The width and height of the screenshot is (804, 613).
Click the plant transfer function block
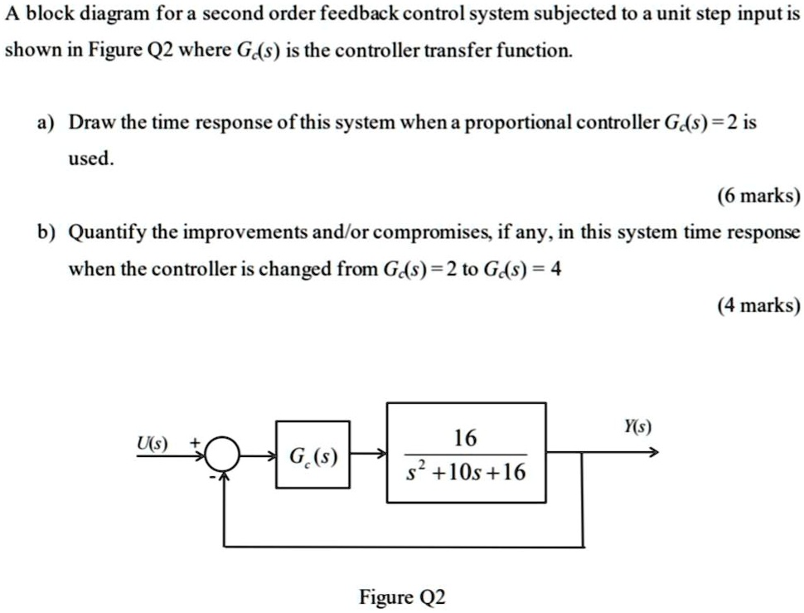(x=466, y=452)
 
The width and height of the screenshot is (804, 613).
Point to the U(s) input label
(x=153, y=442)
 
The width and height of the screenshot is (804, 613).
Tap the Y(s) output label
(x=637, y=427)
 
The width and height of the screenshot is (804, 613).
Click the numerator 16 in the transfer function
(x=465, y=436)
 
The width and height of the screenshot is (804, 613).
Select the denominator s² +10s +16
(x=465, y=473)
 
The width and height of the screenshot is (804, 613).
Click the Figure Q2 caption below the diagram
(x=402, y=596)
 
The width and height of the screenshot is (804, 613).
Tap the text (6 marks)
(x=758, y=197)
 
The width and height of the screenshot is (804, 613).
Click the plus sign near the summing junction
(x=196, y=443)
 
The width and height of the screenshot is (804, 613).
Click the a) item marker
(x=44, y=123)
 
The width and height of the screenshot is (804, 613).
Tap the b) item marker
(x=44, y=232)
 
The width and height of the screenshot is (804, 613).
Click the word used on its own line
(x=89, y=158)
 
